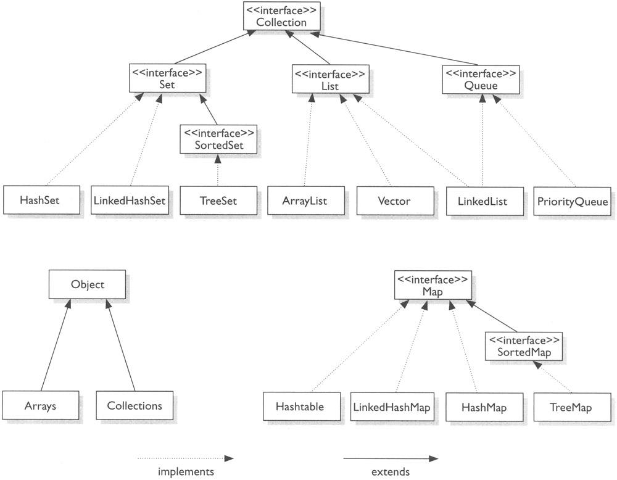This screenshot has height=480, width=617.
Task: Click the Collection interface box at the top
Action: [x=281, y=17]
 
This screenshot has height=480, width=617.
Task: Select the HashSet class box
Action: [x=40, y=201]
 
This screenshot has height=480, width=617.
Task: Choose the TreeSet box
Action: [x=217, y=201]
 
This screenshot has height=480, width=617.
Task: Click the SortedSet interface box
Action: [x=217, y=139]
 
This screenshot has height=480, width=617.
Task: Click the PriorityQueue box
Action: [x=573, y=201]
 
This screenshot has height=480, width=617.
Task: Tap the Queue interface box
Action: [x=481, y=80]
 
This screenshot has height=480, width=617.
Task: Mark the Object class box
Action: [x=88, y=285]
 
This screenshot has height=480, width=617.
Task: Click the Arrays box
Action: [x=41, y=406]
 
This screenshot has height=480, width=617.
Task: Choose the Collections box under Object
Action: [x=134, y=406]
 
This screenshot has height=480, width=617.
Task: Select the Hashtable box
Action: [x=300, y=407]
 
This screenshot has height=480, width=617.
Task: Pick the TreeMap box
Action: [x=571, y=407]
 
